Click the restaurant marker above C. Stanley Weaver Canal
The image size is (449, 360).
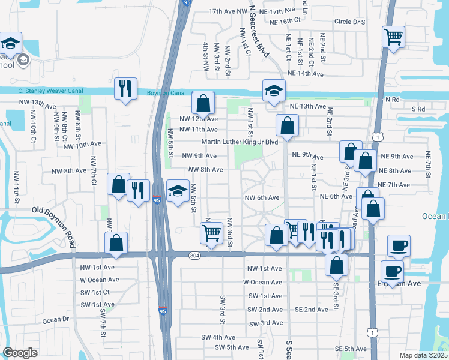pyautogui.click(x=125, y=89)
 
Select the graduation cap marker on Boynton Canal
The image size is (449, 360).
pyautogui.click(x=273, y=91)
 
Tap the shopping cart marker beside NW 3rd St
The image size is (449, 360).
pyautogui.click(x=211, y=233)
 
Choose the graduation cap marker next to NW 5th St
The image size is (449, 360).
pyautogui.click(x=177, y=191)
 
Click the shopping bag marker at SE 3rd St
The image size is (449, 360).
pyautogui.click(x=337, y=264)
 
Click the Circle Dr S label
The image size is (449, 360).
pyautogui.click(x=350, y=22)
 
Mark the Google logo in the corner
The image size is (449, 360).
pyautogui.click(x=20, y=353)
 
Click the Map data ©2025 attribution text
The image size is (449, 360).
pyautogui.click(x=423, y=355)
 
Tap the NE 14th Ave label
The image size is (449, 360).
pyautogui.click(x=305, y=74)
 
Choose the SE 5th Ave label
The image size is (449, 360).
pyautogui.click(x=350, y=349)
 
